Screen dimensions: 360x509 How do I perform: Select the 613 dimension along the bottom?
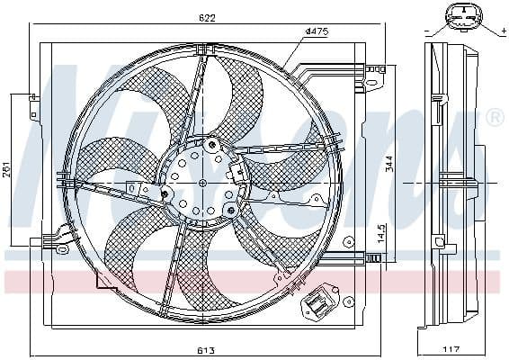tap(207, 351)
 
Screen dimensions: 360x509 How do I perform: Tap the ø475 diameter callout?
tap(316, 31)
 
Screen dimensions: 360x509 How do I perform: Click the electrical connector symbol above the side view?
tap(461, 17)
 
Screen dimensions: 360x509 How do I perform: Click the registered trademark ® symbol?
tap(494, 118)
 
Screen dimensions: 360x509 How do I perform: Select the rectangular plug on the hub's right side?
tap(238, 171)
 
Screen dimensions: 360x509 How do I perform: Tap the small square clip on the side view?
tap(438, 240)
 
